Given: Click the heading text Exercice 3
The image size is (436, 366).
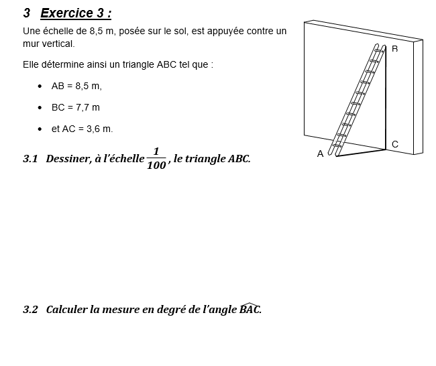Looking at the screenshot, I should pyautogui.click(x=76, y=13).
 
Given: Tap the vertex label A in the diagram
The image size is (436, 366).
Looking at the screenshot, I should pyautogui.click(x=320, y=154).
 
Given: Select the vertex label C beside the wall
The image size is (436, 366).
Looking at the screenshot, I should pyautogui.click(x=395, y=144).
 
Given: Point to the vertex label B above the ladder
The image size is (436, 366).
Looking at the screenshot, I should pyautogui.click(x=394, y=49).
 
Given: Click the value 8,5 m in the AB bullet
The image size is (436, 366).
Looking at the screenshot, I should pyautogui.click(x=89, y=86).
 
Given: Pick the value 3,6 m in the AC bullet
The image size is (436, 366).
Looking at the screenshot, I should pyautogui.click(x=99, y=129).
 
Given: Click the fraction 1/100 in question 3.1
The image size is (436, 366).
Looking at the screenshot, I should pyautogui.click(x=156, y=158).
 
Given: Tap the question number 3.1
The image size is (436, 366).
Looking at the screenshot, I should pyautogui.click(x=31, y=159).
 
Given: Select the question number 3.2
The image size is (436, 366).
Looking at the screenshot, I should pyautogui.click(x=31, y=310).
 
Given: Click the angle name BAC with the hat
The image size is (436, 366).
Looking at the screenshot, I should pyautogui.click(x=250, y=309).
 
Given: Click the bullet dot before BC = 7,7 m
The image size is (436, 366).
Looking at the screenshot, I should pyautogui.click(x=41, y=107).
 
